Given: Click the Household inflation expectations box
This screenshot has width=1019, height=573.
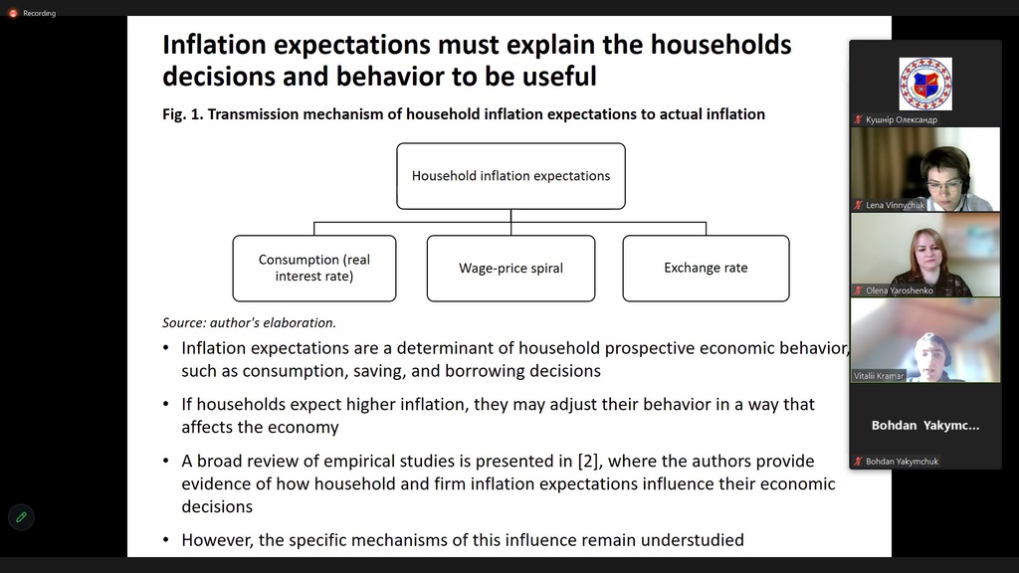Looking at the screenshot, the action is [510, 176].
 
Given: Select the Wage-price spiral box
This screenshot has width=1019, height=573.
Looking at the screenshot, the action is [510, 269].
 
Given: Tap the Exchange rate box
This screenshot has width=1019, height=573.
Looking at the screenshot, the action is [706, 269].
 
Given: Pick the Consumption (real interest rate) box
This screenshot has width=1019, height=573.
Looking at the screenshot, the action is [314, 269].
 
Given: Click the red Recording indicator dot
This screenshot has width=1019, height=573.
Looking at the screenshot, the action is [13, 13].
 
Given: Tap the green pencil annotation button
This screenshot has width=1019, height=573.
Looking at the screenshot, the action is [21, 517].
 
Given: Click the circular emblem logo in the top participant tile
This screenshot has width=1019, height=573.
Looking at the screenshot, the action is [925, 84].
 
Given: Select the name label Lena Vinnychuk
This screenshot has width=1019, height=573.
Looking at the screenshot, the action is [895, 205].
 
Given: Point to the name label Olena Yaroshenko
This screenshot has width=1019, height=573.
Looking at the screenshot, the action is [900, 290].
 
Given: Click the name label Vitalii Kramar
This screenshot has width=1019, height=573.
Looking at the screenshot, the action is [879, 375].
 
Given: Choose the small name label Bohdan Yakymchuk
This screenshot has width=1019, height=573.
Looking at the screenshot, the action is [902, 462].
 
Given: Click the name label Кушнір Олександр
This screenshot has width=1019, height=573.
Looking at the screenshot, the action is [902, 119].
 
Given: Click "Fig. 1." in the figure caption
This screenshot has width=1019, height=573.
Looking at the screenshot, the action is [183, 114].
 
